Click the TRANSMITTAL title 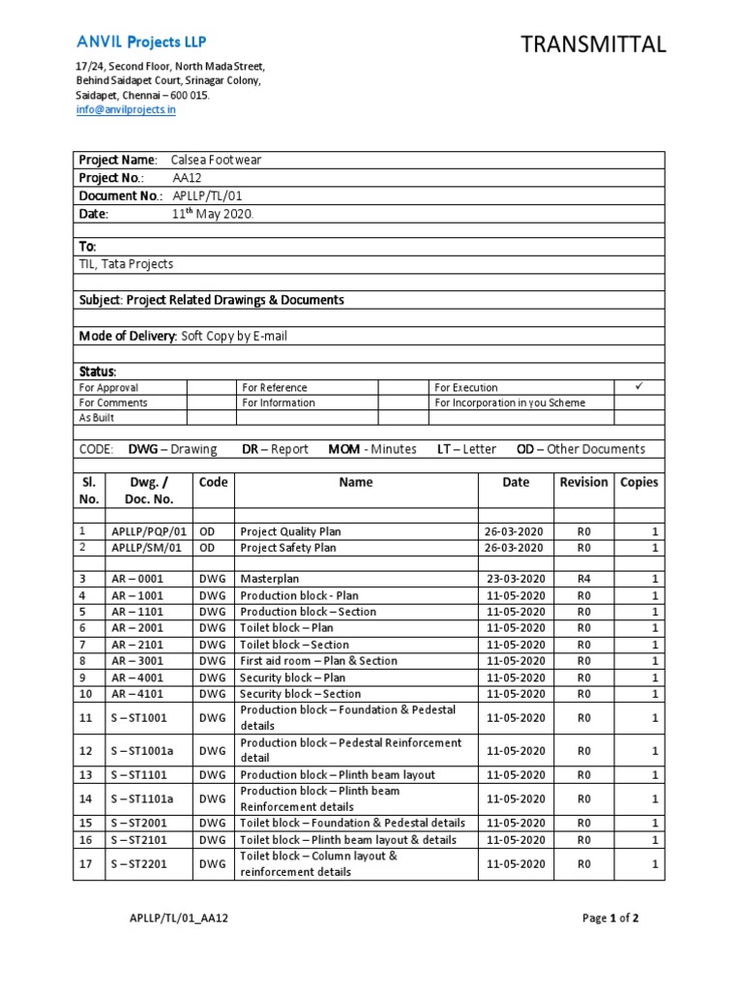tap(593, 44)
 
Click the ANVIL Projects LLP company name tap(141, 42)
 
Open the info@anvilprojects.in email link tap(126, 110)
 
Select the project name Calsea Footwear tap(216, 160)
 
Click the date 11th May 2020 tap(212, 214)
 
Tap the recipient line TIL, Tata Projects tap(127, 264)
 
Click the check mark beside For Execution tap(638, 386)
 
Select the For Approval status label tap(108, 387)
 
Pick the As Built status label tap(97, 418)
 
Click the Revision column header tap(583, 482)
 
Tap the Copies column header tap(639, 482)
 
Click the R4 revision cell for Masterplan tap(583, 579)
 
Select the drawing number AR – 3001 tap(136, 661)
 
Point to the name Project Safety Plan tap(288, 548)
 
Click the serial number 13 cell tap(84, 775)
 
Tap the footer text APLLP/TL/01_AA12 tap(178, 918)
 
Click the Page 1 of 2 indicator tap(610, 918)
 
